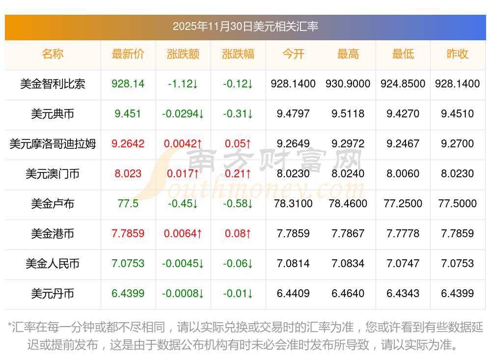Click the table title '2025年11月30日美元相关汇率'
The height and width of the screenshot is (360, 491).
pos(245,26)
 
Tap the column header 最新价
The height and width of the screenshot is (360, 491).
pos(128,54)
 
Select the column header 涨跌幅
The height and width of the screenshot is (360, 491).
pos(238,54)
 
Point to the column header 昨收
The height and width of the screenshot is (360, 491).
pos(458,54)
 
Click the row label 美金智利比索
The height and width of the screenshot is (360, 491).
pos(53,84)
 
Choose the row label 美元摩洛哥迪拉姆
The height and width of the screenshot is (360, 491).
pos(53,144)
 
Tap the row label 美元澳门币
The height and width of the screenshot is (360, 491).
pos(53,174)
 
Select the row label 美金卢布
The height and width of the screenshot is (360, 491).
pos(53,204)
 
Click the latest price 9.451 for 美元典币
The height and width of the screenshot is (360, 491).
pos(128,114)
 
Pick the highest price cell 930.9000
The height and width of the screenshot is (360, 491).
pos(348,84)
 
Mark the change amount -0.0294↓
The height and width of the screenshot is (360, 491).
pos(183,114)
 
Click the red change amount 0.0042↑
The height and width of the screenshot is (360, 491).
pos(183,144)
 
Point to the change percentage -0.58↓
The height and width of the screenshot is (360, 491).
pos(238,204)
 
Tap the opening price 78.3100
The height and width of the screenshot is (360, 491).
pos(293,204)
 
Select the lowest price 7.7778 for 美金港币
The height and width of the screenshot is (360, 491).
pos(403,234)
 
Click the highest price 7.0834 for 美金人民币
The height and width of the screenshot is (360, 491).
pos(348,264)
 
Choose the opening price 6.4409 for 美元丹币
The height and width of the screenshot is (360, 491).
pos(293,294)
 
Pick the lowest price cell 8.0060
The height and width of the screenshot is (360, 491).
pos(403,174)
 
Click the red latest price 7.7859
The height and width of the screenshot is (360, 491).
pos(128,234)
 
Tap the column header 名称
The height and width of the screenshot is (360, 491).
pos(53,54)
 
